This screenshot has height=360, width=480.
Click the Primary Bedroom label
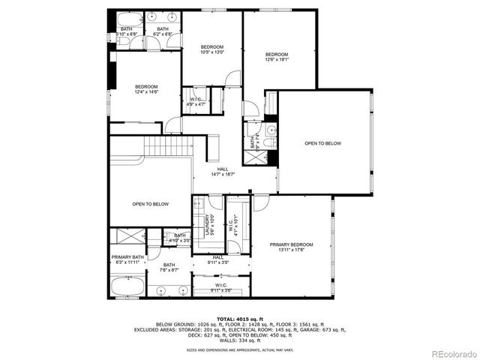pyautogui.click(x=292, y=247)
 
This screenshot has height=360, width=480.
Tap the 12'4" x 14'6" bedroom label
pyautogui.click(x=146, y=88)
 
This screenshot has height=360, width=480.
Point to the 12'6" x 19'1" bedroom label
pyautogui.click(x=277, y=58)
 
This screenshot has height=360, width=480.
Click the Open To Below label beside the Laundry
pyautogui.click(x=150, y=204)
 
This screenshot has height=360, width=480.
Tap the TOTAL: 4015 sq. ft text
pyautogui.click(x=239, y=319)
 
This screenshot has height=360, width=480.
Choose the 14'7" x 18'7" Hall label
pyautogui.click(x=223, y=172)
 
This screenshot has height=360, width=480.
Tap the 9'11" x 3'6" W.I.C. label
pyautogui.click(x=221, y=287)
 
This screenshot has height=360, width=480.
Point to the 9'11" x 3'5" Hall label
pyautogui.click(x=217, y=259)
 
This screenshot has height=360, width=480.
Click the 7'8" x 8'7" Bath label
pyautogui.click(x=169, y=267)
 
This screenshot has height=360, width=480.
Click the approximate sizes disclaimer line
pyautogui.click(x=239, y=350)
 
